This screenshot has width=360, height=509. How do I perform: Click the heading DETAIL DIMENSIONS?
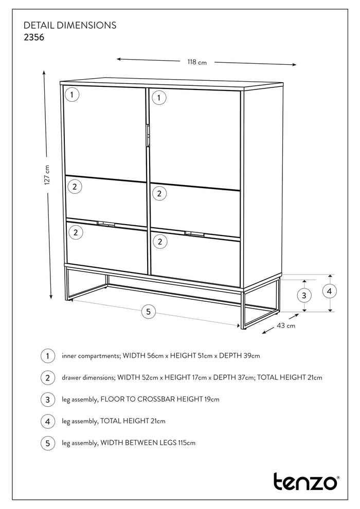point(70,25)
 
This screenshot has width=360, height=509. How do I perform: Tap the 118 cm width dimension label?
point(196,62)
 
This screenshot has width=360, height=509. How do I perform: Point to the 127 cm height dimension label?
point(46,175)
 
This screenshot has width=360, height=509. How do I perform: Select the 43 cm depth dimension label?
point(286,325)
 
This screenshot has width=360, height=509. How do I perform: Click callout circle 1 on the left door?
point(73,95)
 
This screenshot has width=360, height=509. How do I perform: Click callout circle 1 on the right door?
point(159,97)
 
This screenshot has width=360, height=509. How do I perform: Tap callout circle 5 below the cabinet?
point(148,311)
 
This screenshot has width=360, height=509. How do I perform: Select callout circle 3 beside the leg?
point(304,295)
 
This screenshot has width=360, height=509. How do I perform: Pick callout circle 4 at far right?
point(330,291)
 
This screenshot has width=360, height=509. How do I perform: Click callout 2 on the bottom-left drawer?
point(76,232)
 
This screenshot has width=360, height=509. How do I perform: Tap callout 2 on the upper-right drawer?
point(159,193)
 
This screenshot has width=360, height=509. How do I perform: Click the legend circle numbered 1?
point(47,356)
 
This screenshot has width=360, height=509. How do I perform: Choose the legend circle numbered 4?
point(47,421)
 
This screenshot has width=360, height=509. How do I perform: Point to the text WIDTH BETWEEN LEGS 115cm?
point(148,443)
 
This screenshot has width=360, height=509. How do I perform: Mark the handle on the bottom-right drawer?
point(194,234)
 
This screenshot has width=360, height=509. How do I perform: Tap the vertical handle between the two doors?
point(147,136)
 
